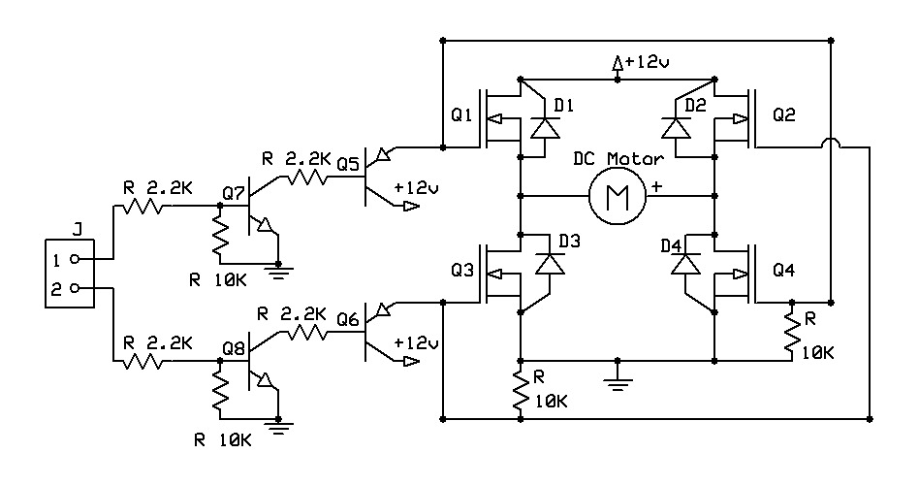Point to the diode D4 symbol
(687, 263)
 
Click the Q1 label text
(462, 115)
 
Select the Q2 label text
(783, 115)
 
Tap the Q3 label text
(462, 272)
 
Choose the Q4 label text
(783, 272)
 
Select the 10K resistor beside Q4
(794, 333)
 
